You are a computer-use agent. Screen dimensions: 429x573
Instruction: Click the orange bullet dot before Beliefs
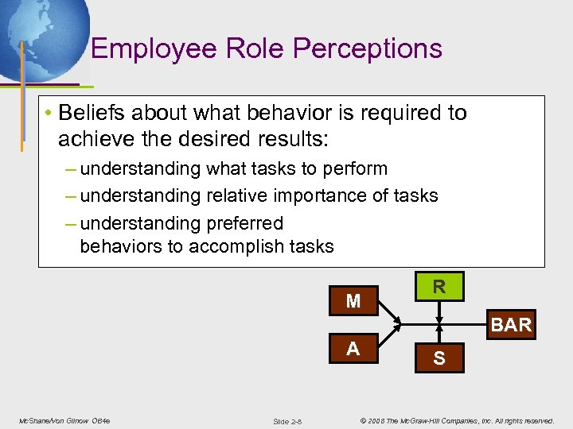(x=49, y=114)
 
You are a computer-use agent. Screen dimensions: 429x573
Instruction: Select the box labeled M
(x=353, y=301)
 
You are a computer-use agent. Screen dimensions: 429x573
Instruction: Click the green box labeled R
(x=439, y=287)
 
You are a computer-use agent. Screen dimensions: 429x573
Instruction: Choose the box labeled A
(x=353, y=349)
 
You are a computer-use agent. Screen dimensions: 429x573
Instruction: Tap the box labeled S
(x=439, y=359)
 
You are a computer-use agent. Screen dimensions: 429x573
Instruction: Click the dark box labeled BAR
(x=511, y=324)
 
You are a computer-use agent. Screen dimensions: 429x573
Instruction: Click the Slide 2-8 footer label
(x=286, y=420)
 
